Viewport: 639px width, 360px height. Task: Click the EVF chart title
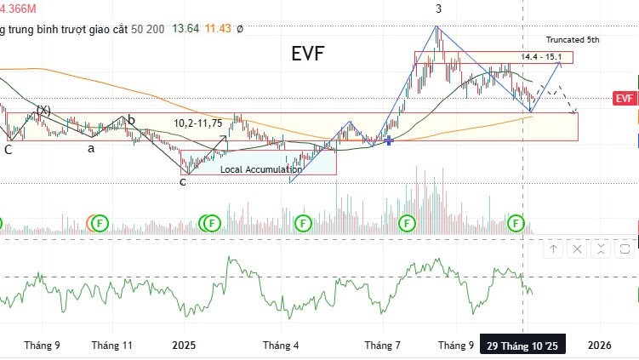tap(307, 54)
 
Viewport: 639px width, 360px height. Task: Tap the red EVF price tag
tap(625, 99)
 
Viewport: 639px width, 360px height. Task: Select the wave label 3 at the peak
tap(438, 9)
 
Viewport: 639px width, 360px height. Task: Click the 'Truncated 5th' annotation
tap(572, 40)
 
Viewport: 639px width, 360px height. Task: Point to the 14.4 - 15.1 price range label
tap(541, 57)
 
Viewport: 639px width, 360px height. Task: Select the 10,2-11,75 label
tap(198, 123)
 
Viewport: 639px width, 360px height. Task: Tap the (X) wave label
tap(43, 111)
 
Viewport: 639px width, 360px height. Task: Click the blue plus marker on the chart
tap(389, 140)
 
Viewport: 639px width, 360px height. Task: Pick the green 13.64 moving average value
tap(185, 28)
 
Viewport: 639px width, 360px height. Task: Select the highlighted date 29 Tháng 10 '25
tap(522, 346)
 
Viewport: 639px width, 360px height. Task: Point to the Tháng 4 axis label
tap(281, 346)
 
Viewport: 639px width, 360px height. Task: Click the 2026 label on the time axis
tap(600, 346)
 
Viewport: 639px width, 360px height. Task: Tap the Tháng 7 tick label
tap(383, 346)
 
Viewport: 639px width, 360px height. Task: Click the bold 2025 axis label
tap(184, 346)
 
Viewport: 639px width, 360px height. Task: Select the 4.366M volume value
tap(18, 9)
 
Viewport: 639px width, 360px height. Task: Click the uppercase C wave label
tap(8, 150)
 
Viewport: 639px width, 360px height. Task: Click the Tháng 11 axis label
tap(112, 346)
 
